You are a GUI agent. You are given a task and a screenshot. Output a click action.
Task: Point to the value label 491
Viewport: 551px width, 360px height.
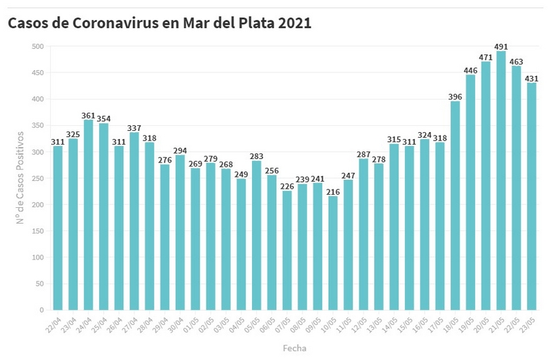tap(501, 47)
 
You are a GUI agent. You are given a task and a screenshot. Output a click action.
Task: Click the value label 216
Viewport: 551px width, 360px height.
tap(333, 191)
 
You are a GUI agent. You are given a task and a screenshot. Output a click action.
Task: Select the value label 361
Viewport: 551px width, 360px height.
tap(88, 115)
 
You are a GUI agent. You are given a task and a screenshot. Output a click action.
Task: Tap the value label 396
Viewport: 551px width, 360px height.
tap(455, 96)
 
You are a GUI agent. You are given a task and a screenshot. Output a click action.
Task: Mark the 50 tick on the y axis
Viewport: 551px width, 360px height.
tap(39, 284)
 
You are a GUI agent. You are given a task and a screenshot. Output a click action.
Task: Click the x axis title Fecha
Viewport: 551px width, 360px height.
tap(294, 348)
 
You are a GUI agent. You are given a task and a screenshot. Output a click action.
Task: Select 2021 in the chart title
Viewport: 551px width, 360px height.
tap(295, 23)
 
